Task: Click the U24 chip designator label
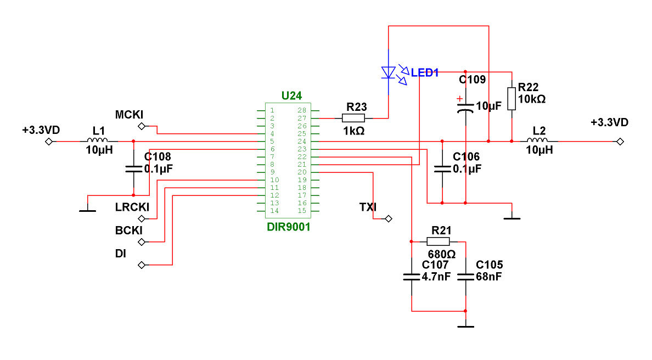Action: tap(291, 95)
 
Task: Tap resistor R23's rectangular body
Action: tap(353, 118)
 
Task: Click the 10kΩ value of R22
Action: tap(531, 99)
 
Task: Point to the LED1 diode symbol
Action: tap(389, 72)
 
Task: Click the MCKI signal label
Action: tap(129, 115)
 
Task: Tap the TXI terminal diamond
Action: tap(389, 219)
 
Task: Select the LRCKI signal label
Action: tap(132, 207)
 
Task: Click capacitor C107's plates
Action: tap(411, 277)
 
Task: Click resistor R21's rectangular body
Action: tap(439, 241)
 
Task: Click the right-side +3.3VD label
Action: tap(609, 122)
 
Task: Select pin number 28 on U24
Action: tap(301, 110)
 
